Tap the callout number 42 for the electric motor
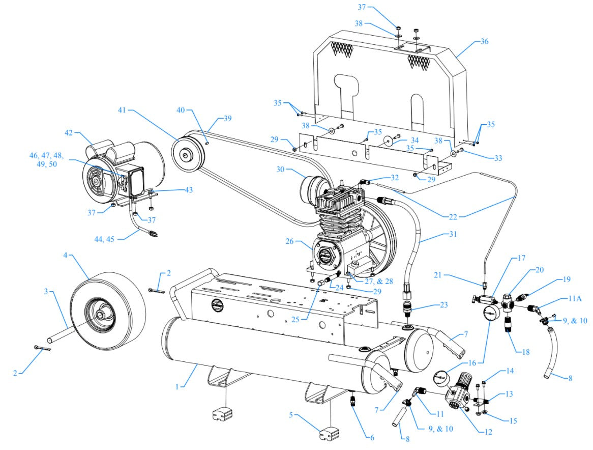click(x=69, y=133)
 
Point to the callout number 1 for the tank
click(x=177, y=387)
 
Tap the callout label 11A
click(x=572, y=300)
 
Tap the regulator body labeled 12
click(x=456, y=395)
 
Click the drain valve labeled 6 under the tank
click(x=353, y=401)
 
